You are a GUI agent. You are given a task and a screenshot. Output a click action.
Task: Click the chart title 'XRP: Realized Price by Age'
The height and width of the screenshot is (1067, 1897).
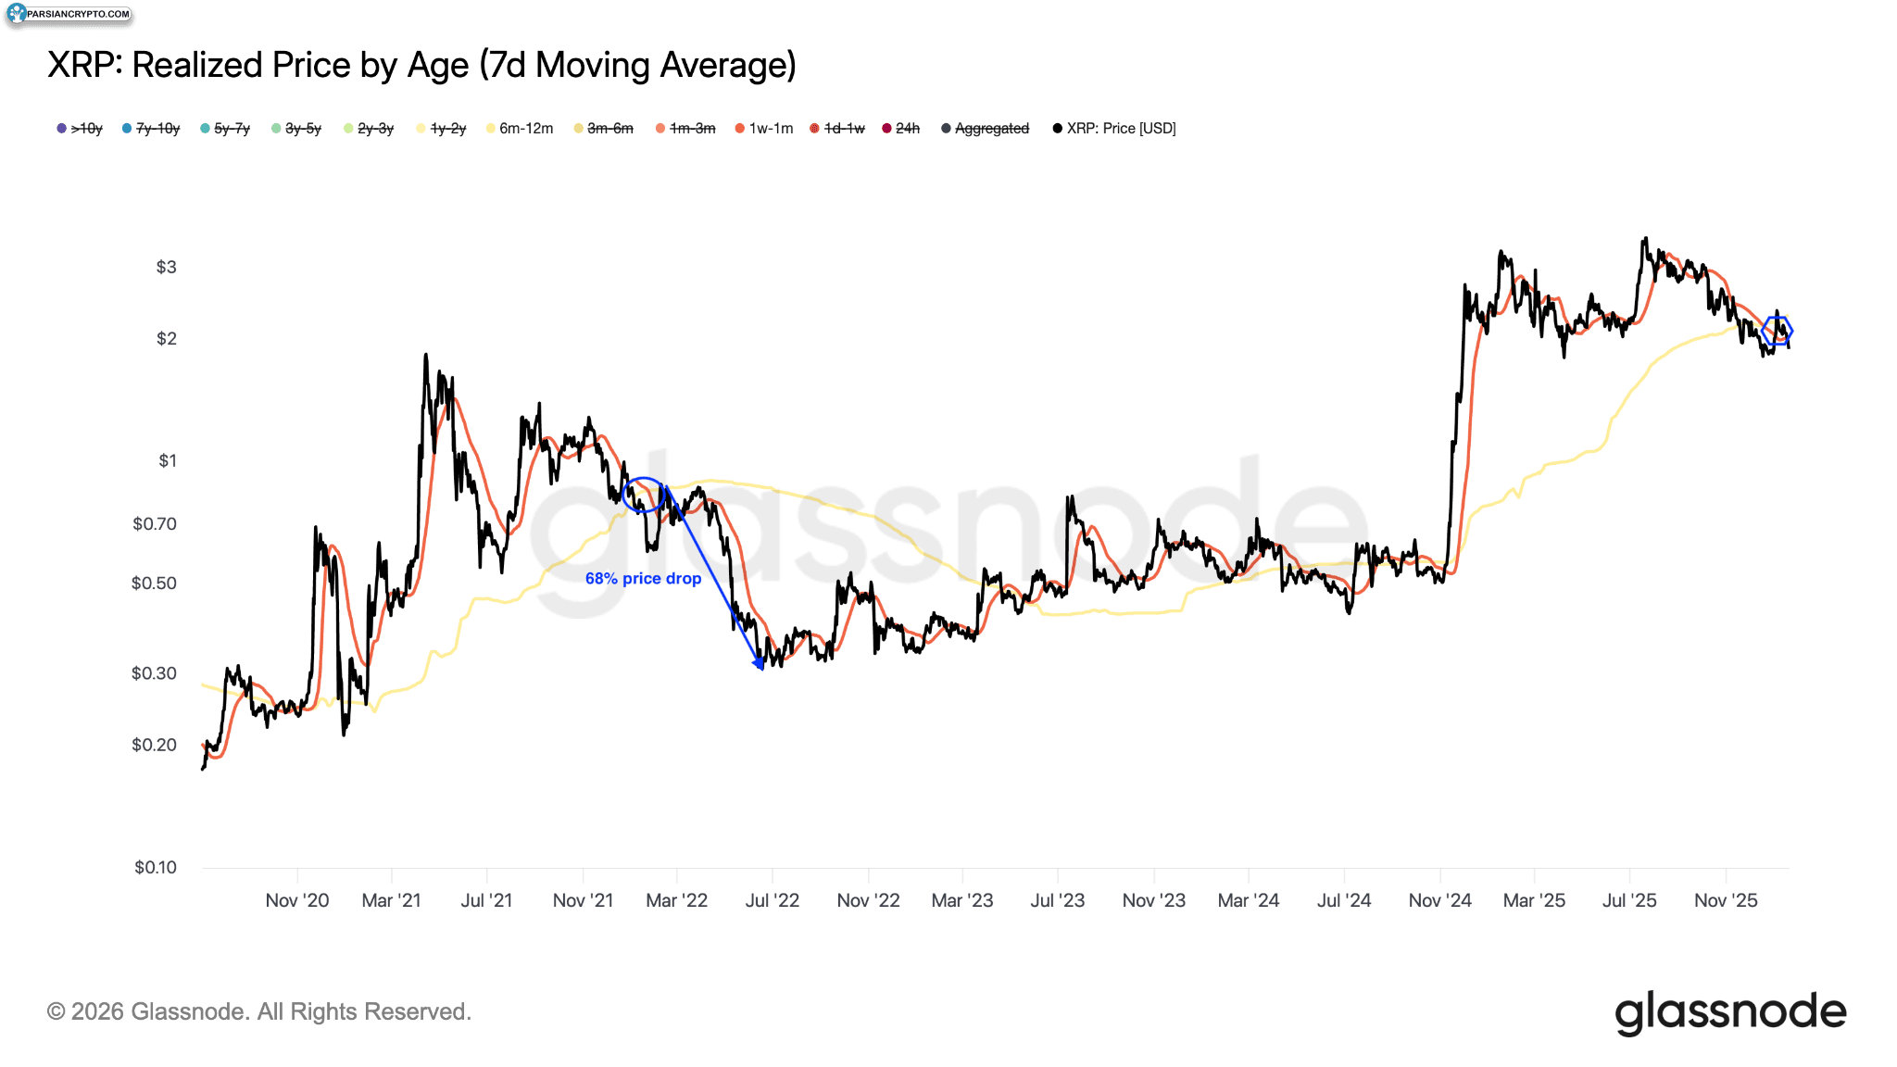[421, 66]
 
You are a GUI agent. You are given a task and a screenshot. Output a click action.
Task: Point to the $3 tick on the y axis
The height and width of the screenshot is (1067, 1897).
[166, 268]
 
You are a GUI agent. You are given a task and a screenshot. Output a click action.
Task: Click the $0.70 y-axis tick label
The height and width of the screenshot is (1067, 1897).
[155, 524]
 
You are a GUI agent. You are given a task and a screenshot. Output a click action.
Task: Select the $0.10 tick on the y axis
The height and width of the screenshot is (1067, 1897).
[155, 868]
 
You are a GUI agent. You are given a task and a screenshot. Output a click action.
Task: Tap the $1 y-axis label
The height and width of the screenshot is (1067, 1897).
[168, 461]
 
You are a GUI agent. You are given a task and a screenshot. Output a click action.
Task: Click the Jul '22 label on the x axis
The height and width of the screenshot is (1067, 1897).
[772, 900]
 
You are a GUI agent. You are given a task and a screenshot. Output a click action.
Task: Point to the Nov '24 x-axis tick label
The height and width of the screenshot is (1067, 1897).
[1439, 900]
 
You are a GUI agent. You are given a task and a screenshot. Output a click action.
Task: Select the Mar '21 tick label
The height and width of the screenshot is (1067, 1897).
[391, 900]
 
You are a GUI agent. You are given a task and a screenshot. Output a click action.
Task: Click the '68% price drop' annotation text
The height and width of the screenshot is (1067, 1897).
[643, 579]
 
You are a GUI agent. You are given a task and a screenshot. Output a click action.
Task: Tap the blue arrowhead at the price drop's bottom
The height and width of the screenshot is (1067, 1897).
[759, 662]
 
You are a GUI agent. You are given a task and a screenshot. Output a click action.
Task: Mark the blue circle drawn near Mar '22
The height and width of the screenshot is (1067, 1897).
[642, 495]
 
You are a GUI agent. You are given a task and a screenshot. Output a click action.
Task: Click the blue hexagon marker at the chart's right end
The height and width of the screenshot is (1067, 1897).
[1777, 331]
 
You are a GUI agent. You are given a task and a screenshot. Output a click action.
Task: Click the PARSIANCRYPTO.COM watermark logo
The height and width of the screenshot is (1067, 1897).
[69, 14]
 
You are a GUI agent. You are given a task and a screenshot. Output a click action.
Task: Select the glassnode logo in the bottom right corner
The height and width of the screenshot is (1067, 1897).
[1730, 1012]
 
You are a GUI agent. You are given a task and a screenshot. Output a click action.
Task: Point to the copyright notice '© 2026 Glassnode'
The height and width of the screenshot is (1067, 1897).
[259, 1011]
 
